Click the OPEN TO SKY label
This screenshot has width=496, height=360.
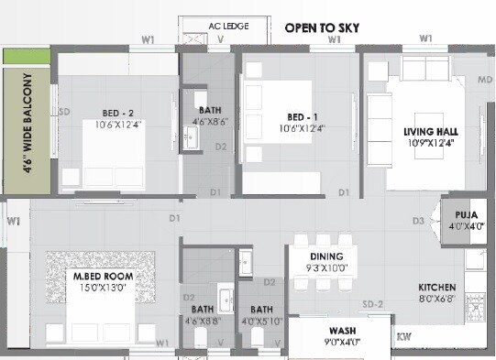click(322, 27)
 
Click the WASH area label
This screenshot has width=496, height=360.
click(345, 331)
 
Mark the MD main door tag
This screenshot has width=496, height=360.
click(485, 81)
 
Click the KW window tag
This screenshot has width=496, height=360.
click(403, 337)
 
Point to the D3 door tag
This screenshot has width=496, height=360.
click(417, 221)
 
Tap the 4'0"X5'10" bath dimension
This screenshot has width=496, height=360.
click(262, 321)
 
